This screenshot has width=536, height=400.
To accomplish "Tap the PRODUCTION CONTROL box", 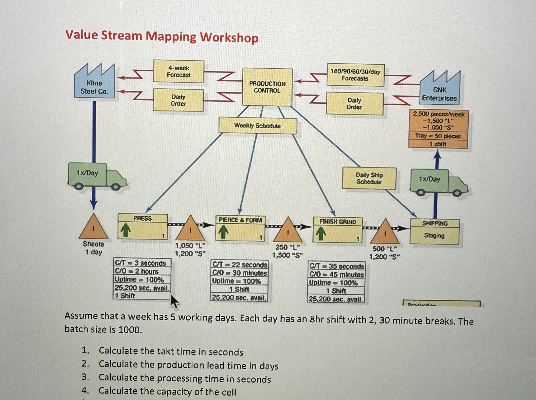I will coord(267,87).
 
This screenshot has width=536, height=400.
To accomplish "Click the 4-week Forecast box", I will coord(179,71).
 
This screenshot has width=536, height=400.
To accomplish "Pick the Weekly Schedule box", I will coord(257,126).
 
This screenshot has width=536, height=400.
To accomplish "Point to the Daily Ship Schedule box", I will coord(369,178).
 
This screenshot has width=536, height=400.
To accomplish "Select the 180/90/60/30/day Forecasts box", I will coord(355,75).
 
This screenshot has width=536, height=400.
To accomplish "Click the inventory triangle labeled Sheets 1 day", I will coord(94,227).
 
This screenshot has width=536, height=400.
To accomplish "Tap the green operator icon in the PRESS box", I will coord(126,230).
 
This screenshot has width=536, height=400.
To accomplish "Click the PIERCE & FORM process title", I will coord(240,220).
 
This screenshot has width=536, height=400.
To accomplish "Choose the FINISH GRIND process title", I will coord(338,222).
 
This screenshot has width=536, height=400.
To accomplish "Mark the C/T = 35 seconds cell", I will coord(337,266).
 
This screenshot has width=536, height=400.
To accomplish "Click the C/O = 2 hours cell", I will coord(142,271).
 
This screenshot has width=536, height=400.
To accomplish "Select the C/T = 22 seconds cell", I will coord(240,265).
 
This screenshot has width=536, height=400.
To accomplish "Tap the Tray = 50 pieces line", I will coord(438,136).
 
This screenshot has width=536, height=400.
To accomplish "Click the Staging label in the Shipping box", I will coord(434,236).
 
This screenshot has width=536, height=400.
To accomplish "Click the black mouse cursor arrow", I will coord(174,301).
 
